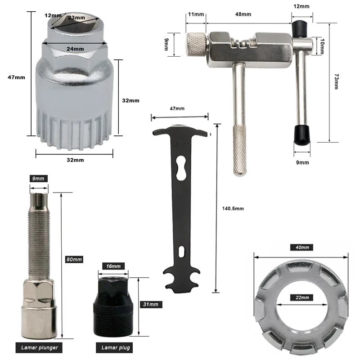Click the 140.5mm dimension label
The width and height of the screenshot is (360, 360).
pyautogui.click(x=233, y=208)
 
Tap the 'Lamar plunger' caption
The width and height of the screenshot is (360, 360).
pyautogui.click(x=39, y=347)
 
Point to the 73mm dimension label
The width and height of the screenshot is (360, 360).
pyautogui.click(x=335, y=81)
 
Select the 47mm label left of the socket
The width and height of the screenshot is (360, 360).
pyautogui.click(x=17, y=77)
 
